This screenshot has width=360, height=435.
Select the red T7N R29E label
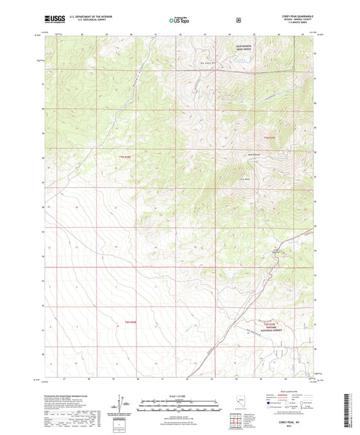tap(269, 138)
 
